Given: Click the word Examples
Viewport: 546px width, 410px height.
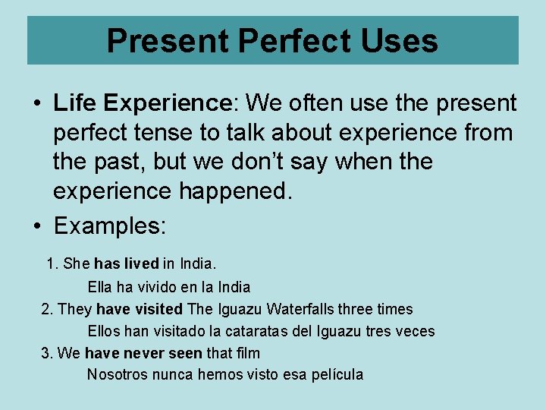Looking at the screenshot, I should pos(109,226).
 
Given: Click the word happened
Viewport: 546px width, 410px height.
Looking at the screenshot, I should pos(235,191).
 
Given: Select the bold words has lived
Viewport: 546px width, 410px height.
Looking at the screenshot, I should pos(127,264).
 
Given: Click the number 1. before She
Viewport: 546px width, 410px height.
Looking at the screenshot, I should pos(52,264).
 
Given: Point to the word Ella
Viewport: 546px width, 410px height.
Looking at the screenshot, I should pos(102,287).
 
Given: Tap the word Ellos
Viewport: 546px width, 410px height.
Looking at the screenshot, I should pos(105,331).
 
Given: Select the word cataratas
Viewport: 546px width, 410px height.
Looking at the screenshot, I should pos(253,331).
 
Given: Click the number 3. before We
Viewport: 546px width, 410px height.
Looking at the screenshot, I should pos(47,353).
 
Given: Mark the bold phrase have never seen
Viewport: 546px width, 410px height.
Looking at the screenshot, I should pos(143,353).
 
